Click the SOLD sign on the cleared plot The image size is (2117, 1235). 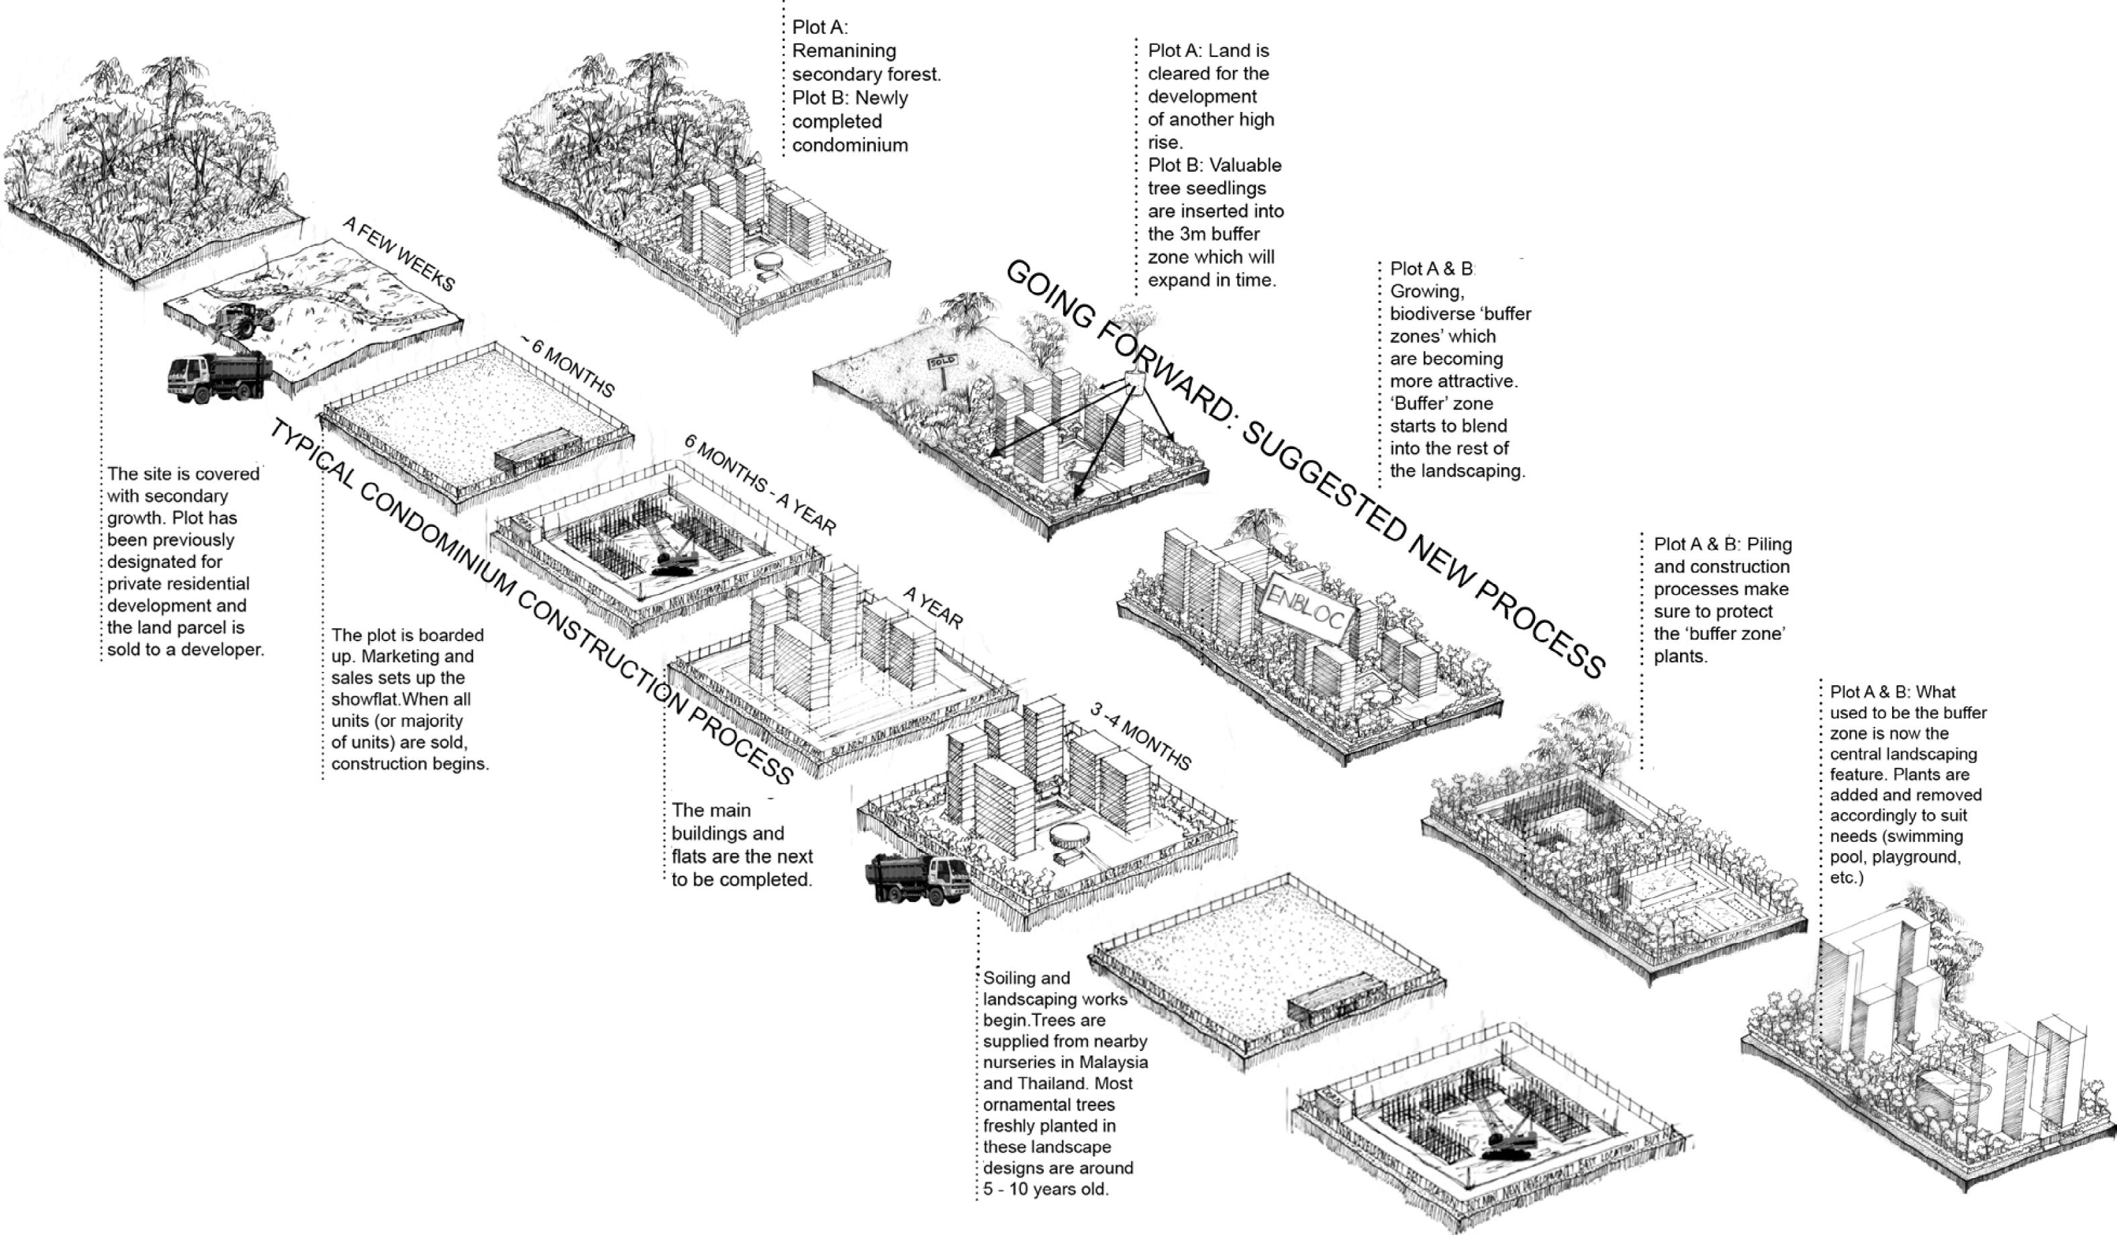click(942, 363)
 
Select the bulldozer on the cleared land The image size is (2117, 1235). click(244, 319)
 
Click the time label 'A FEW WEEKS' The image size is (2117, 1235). click(399, 254)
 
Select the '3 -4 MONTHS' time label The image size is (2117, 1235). click(1140, 736)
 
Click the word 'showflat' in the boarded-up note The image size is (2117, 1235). click(364, 699)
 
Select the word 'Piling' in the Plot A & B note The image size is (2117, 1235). click(1769, 544)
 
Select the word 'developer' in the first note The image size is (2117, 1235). click(221, 650)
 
